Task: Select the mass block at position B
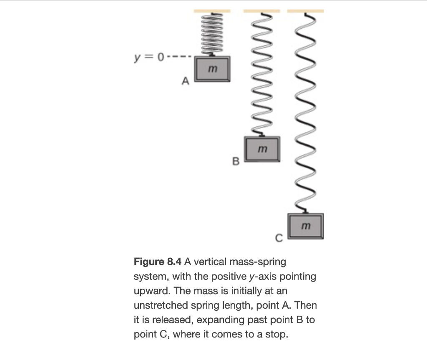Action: (261, 149)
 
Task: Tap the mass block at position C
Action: (306, 225)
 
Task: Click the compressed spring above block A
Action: (212, 33)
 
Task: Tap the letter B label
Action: (235, 161)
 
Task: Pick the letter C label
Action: (279, 238)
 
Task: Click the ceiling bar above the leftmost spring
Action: (212, 10)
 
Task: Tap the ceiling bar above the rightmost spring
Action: (306, 10)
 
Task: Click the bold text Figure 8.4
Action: (158, 262)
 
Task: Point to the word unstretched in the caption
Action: (161, 305)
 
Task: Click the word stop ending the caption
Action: (278, 335)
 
